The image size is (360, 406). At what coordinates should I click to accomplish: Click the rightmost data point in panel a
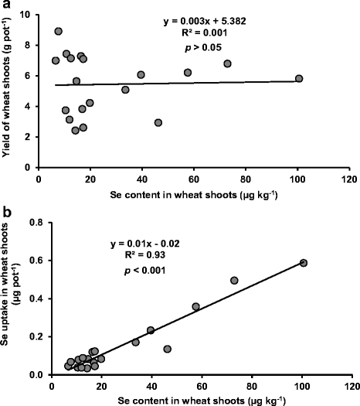pos(299,78)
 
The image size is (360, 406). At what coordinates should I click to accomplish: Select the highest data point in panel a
pos(58,32)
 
